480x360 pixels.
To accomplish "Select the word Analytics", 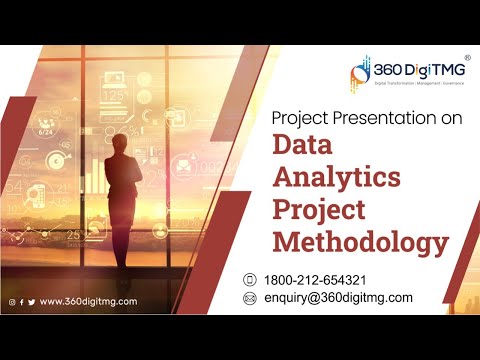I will (338, 179).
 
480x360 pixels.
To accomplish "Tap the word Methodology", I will (360, 242).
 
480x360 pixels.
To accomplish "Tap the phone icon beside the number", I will (250, 279).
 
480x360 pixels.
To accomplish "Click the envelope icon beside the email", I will (250, 298).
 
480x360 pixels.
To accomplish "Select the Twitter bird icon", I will (31, 301).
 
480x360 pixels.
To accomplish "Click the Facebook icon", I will (22, 301).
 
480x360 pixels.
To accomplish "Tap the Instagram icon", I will (12, 301).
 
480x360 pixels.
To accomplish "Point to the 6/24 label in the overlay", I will (46, 131).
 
